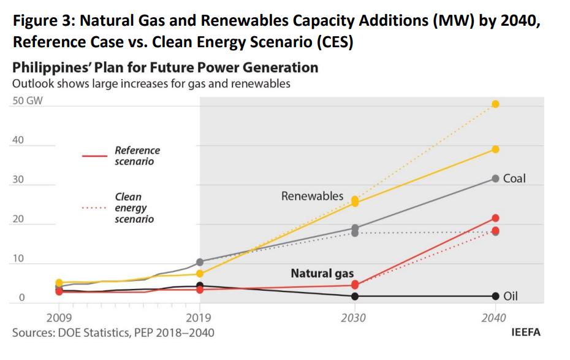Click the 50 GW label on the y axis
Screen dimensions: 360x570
point(28,101)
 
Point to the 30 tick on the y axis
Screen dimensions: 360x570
point(18,180)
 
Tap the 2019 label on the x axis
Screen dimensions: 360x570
point(199,318)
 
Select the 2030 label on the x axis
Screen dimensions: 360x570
point(354,318)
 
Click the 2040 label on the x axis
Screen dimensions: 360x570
point(494,318)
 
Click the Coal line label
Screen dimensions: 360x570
point(514,179)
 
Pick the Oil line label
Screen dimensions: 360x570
point(511,297)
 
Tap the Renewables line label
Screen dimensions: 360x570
point(313,196)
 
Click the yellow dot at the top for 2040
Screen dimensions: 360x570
point(495,104)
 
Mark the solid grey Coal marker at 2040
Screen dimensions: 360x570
point(495,178)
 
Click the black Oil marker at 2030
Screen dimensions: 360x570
point(355,296)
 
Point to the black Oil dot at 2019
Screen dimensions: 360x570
point(200,286)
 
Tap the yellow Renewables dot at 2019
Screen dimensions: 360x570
point(200,274)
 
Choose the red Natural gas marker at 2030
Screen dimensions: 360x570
point(355,285)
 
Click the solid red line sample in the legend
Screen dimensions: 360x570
point(94,156)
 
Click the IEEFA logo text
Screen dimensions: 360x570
point(526,332)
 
